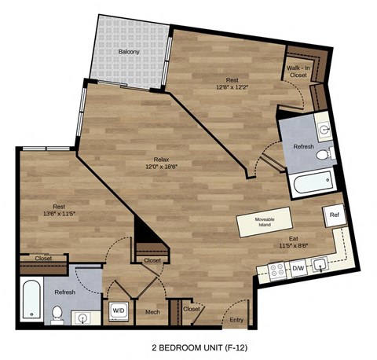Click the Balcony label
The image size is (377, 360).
pos(130,52)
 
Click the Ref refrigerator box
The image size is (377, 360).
pos(334,214)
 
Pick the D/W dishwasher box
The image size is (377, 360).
pos(298,269)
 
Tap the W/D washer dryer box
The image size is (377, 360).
pos(118,310)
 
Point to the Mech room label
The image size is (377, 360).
pos(153,312)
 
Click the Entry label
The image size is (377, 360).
pos(236,319)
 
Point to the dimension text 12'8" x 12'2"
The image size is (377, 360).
pos(232,88)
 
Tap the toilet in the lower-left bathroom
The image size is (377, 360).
pos(57,314)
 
